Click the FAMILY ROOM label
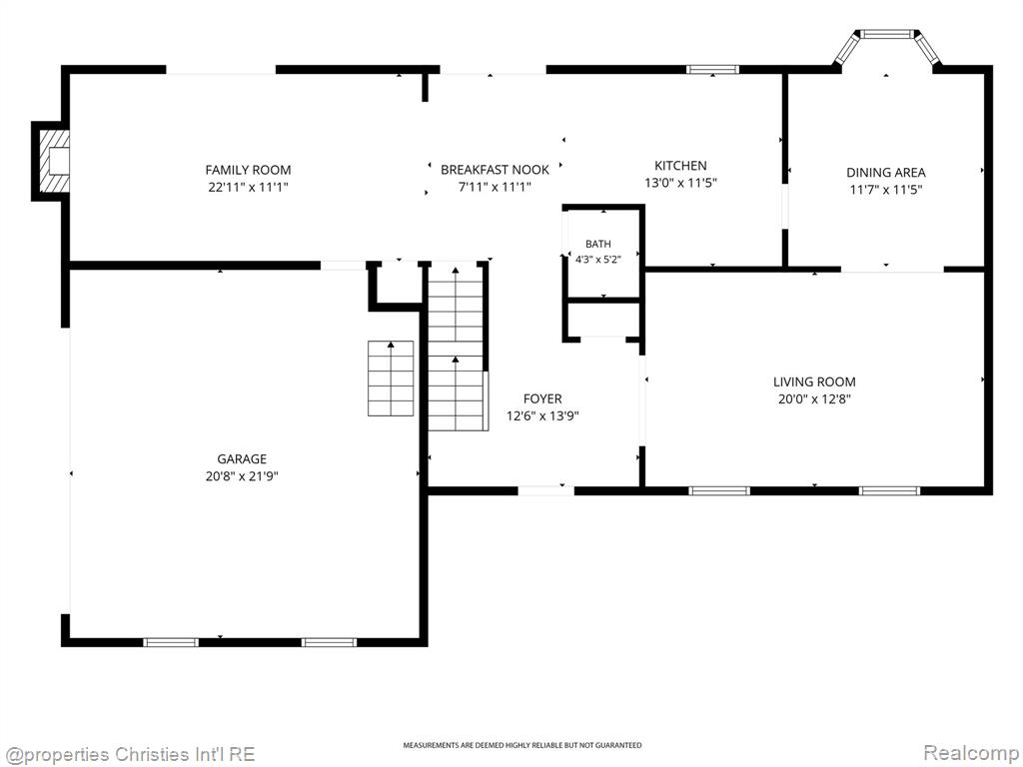pos(248,170)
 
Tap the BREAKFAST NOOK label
pos(495,170)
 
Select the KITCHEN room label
pos(680,166)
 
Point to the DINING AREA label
pos(886,173)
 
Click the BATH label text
pos(598,244)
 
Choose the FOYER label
pos(542,399)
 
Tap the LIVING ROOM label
pos(814,383)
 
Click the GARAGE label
pos(242,459)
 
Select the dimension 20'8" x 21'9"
pos(242,476)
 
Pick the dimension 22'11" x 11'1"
pos(248,187)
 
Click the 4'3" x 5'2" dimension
pos(598,259)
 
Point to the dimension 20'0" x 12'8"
pos(814,399)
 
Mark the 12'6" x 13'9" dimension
pos(542,416)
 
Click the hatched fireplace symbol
pos(54,161)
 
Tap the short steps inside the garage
pos(391,379)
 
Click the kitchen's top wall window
pos(712,69)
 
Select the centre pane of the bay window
pos(887,34)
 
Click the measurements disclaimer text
pos(521,745)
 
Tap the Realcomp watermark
pos(970,753)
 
